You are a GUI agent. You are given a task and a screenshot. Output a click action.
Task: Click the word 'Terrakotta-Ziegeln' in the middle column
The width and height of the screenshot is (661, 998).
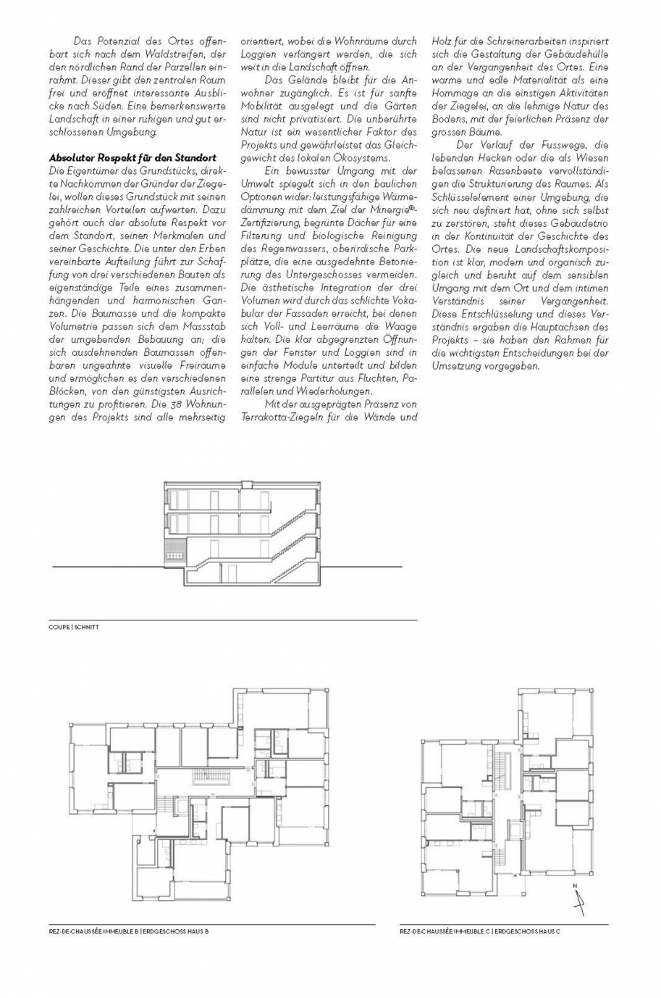pos(282,418)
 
